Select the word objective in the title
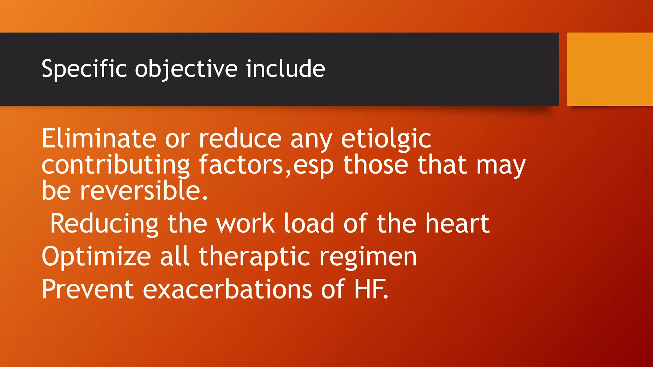click(186, 69)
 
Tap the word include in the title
click(285, 69)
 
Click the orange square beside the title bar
click(610, 69)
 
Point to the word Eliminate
click(99, 139)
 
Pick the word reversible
click(144, 191)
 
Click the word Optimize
click(96, 256)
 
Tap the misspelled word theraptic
click(254, 256)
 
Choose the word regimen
click(368, 256)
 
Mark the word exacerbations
click(227, 289)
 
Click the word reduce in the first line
click(240, 139)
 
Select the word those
click(376, 165)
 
